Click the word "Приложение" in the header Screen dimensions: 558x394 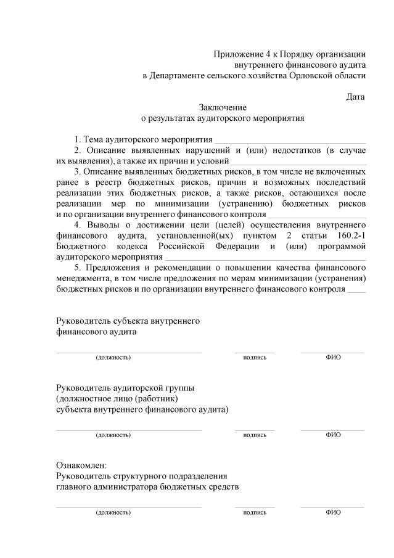(x=236, y=54)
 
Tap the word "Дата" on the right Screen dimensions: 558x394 (x=355, y=97)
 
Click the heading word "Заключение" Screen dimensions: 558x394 (x=223, y=107)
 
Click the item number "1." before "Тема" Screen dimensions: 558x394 (x=77, y=139)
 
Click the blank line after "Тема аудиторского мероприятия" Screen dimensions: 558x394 (x=290, y=140)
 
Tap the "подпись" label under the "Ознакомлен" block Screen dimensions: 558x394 (x=255, y=512)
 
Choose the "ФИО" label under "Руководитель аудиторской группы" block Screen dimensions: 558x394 (x=333, y=435)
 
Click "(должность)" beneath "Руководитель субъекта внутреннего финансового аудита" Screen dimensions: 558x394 (x=113, y=357)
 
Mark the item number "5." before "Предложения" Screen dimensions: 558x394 (x=77, y=268)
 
